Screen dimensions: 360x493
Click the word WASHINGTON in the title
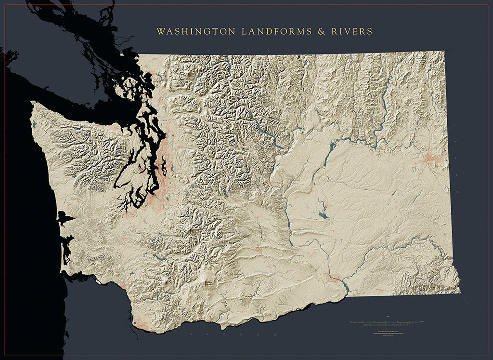(x=196, y=32)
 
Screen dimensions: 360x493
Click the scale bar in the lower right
(x=388, y=321)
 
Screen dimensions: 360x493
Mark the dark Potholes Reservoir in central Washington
(x=323, y=215)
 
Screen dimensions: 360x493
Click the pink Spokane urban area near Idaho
(x=433, y=158)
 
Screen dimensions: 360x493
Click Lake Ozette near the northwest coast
(x=34, y=124)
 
